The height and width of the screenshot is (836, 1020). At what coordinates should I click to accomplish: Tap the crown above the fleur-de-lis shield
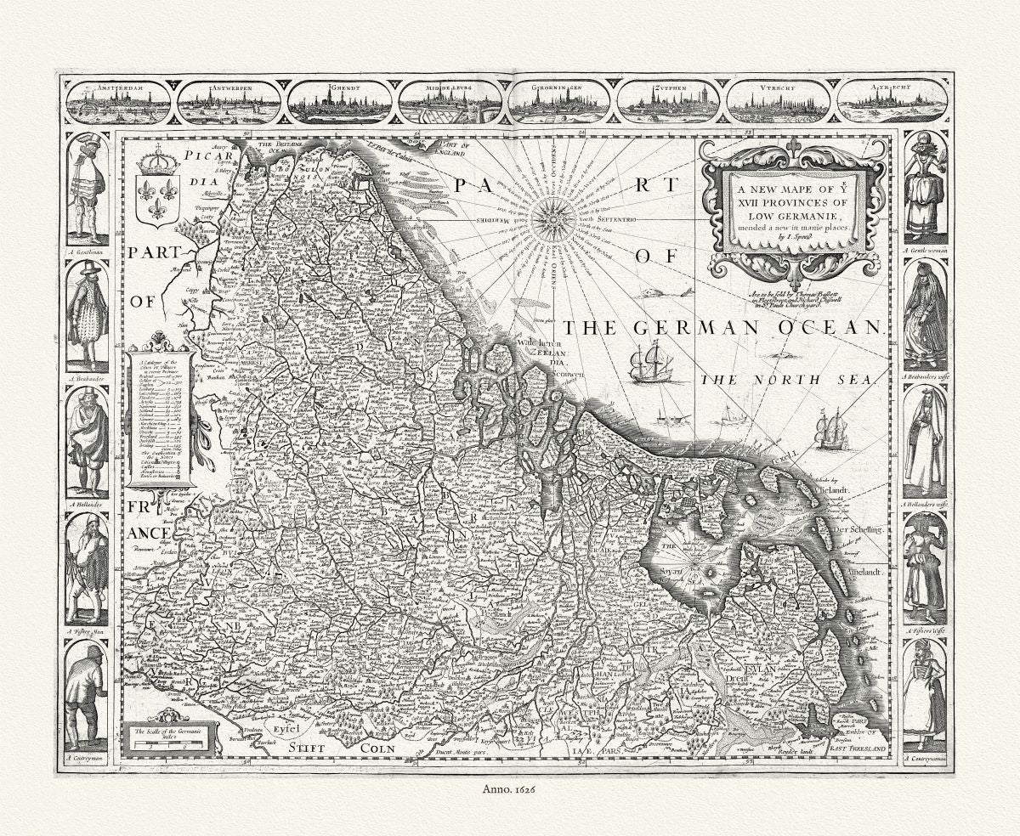click(x=157, y=160)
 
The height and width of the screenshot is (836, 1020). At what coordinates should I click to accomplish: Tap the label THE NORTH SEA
click(x=787, y=381)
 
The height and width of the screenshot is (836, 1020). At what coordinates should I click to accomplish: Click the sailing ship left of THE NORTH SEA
click(x=651, y=363)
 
